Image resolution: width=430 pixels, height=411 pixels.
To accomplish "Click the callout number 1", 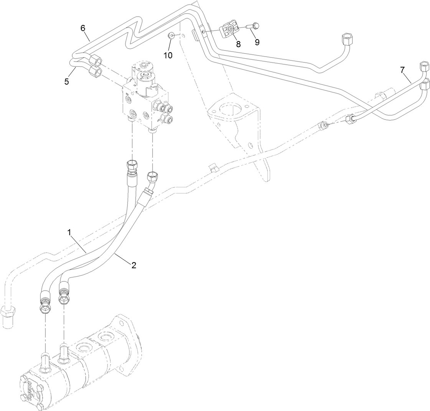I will [x=69, y=232].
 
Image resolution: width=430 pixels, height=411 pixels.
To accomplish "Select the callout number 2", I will [x=133, y=265].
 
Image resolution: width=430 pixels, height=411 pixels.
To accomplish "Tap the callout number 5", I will [x=67, y=82].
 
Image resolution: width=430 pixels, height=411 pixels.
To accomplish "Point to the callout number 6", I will [x=82, y=28].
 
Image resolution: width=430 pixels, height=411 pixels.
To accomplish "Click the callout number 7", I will [x=402, y=69].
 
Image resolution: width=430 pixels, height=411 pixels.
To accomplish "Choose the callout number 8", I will [x=238, y=44].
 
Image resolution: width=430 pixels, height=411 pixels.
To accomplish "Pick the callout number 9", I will [x=257, y=42].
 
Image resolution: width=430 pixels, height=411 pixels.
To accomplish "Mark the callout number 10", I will [x=168, y=55].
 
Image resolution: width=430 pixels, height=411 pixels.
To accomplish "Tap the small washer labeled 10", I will [x=171, y=36].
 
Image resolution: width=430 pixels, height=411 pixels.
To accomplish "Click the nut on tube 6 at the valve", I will [x=96, y=61].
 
